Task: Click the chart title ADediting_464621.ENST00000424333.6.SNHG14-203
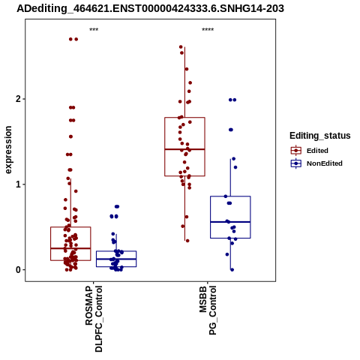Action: [x=150, y=8]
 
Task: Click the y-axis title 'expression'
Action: [x=8, y=150]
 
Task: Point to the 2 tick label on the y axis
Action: [x=18, y=99]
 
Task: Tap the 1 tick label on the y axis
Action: [x=18, y=184]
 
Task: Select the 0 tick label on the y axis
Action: [x=18, y=270]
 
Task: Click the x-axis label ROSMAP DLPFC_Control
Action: [x=94, y=319]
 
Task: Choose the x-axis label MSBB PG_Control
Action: [x=208, y=310]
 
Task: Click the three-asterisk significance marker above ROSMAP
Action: [x=94, y=29]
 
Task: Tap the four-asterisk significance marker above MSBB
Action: [x=208, y=29]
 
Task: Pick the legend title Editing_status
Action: [x=320, y=136]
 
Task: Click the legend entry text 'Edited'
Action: [x=317, y=151]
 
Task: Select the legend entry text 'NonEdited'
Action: [x=325, y=163]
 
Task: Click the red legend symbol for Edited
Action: [x=296, y=151]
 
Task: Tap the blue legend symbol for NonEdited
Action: [x=296, y=163]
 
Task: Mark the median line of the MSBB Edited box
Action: [x=184, y=149]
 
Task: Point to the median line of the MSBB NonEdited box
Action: [x=230, y=222]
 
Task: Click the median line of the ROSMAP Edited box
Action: [x=70, y=248]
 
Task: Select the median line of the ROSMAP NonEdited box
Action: [x=116, y=259]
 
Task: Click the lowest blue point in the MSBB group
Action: [x=232, y=270]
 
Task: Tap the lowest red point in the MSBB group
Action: [x=187, y=241]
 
